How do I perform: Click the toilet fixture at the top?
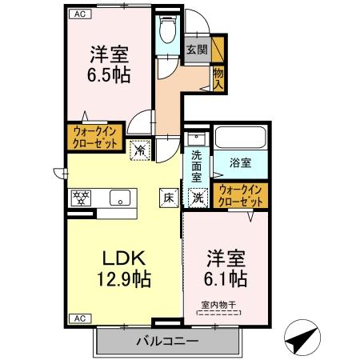tap(167, 34)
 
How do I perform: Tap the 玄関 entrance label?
tap(196, 49)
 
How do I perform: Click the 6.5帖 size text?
tap(109, 74)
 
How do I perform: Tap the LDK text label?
tap(121, 260)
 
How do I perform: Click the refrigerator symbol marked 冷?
tap(139, 148)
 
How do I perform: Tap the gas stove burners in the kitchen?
tap(82, 197)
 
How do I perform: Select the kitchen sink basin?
tap(121, 198)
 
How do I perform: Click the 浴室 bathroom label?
tap(241, 162)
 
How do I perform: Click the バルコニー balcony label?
tap(168, 342)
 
